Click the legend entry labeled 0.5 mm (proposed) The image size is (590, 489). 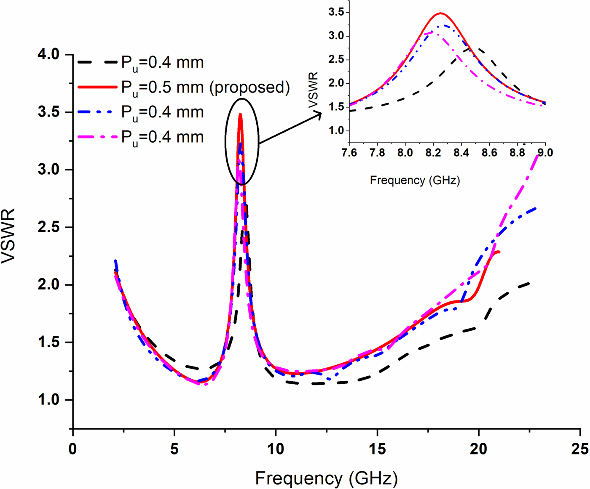205,87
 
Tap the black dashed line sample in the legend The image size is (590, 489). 97,62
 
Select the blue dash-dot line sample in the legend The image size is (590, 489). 97,112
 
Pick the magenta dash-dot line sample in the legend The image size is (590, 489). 97,137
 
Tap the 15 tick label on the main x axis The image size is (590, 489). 377,449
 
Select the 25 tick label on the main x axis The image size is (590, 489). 579,449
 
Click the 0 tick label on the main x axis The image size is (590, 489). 73,449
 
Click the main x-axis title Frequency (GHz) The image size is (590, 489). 326,478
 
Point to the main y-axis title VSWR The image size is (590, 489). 8,236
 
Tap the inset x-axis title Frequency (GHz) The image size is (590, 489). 415,181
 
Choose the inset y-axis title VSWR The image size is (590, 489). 314,90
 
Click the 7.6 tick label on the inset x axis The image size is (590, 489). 349,152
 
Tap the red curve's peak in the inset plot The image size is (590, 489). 441,13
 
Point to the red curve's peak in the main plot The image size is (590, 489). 240,114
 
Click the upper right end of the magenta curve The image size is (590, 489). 537,156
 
